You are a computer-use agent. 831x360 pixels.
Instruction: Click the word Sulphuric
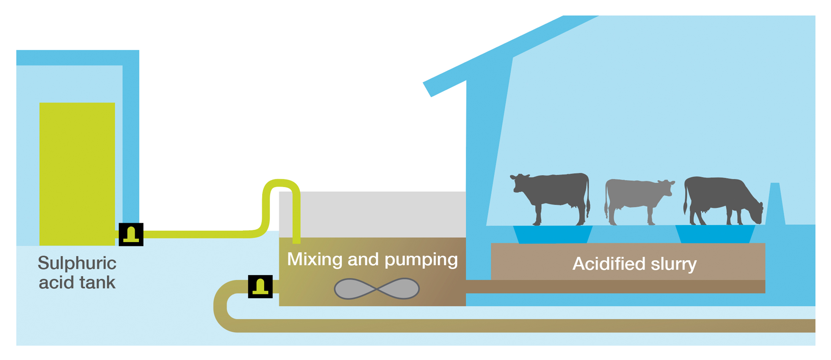point(77,264)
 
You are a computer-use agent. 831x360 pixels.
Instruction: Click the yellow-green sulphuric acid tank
point(77,173)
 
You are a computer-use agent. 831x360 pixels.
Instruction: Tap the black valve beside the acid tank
point(131,235)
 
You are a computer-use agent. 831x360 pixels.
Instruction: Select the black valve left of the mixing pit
point(260,287)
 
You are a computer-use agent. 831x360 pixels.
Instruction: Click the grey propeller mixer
point(377,289)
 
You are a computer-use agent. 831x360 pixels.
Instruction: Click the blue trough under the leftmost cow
point(552,234)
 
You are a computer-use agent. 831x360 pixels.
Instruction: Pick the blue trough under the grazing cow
point(715,234)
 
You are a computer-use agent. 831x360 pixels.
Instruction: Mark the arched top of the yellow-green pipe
point(281,183)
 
